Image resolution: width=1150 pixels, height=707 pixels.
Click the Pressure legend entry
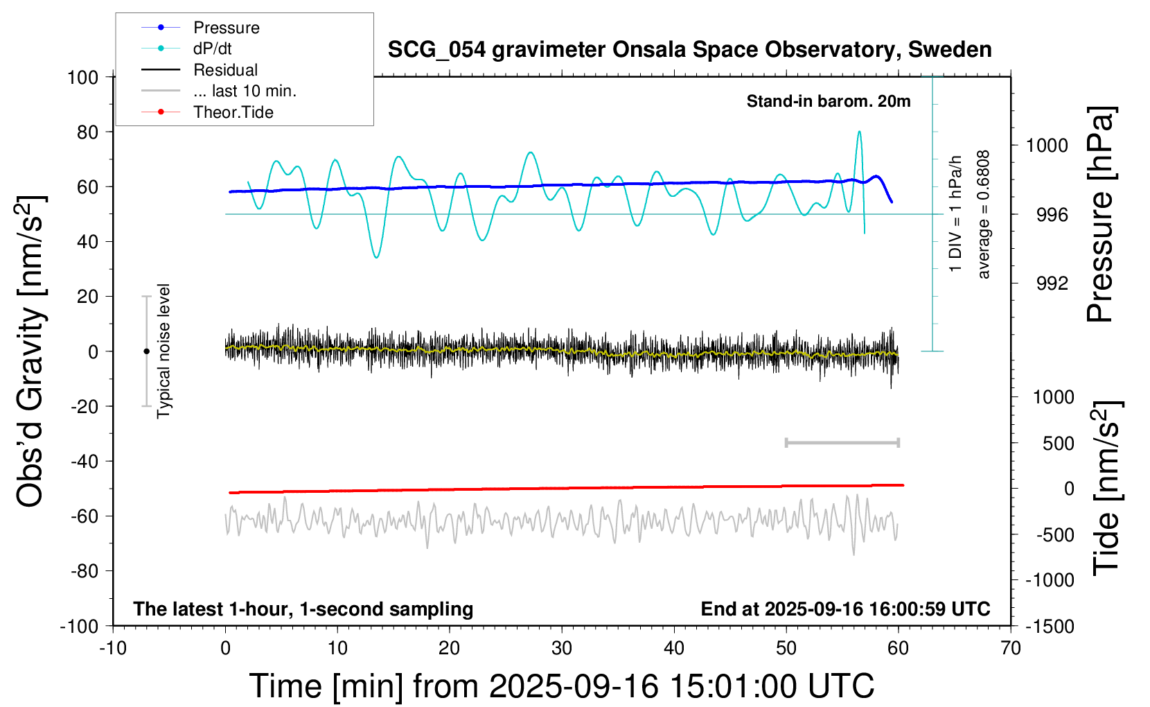[x=226, y=28]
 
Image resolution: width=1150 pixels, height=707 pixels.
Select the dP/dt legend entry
[x=212, y=49]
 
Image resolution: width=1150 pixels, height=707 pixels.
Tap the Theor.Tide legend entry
[x=233, y=112]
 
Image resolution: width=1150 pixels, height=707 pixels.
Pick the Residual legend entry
[x=225, y=70]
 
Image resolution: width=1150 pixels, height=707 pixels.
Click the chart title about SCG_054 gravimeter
[x=689, y=50]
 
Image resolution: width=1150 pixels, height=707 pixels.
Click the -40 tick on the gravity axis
[x=85, y=461]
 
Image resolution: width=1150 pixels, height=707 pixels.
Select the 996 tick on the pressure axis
[x=1052, y=215]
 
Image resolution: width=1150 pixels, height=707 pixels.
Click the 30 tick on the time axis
[x=562, y=649]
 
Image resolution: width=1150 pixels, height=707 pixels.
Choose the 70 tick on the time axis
[x=1011, y=649]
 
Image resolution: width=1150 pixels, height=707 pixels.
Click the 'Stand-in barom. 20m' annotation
[x=829, y=101]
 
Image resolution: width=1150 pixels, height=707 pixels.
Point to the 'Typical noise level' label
[x=163, y=351]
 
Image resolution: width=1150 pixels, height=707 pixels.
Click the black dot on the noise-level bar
[x=146, y=351]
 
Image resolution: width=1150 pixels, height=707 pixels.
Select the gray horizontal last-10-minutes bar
[x=842, y=442]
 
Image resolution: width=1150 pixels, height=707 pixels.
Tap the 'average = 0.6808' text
[x=984, y=215]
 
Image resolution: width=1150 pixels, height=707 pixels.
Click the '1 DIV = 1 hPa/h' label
[x=956, y=213]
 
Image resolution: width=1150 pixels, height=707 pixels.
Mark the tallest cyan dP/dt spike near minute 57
[x=859, y=132]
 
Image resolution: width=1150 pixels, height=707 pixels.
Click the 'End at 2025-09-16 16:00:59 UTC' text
[x=845, y=609]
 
